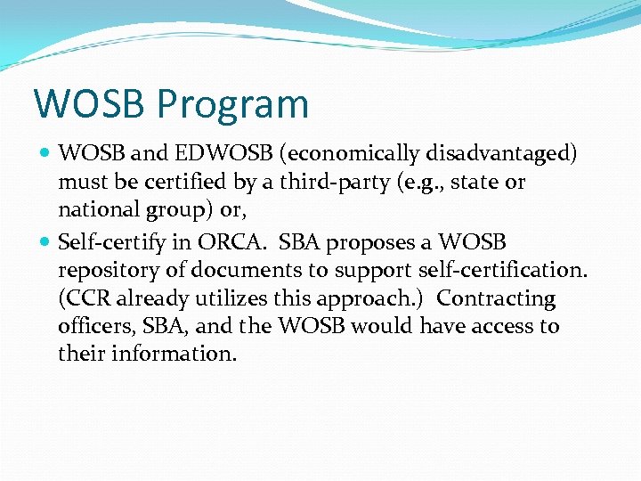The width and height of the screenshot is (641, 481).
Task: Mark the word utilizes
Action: pyautogui.click(x=234, y=298)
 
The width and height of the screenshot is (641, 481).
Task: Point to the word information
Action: pyautogui.click(x=174, y=354)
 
